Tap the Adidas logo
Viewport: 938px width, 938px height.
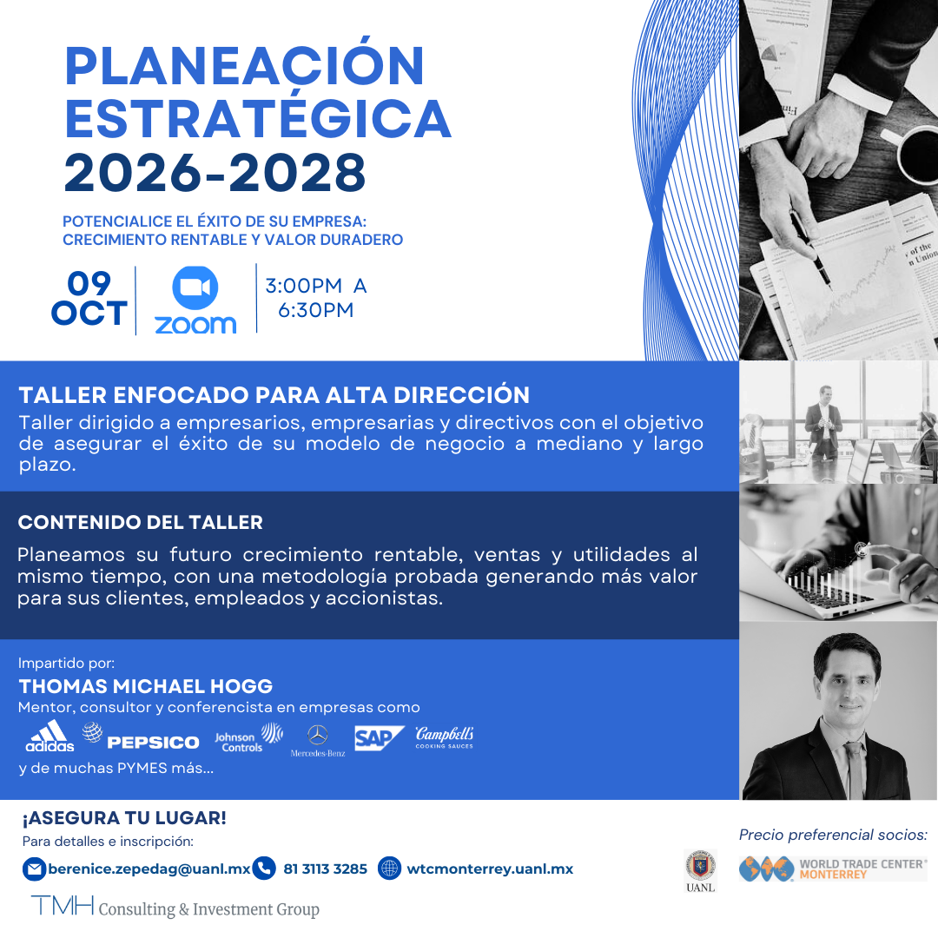pos(50,737)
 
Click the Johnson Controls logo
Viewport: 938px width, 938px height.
pos(248,737)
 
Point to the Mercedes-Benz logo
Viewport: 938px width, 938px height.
pos(318,741)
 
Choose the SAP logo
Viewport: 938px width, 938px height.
pos(379,737)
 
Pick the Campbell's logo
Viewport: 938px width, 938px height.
pos(444,737)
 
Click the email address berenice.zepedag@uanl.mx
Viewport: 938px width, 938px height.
pos(149,869)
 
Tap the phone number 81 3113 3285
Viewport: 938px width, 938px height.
pos(325,869)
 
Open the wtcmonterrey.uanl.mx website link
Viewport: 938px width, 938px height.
pos(490,869)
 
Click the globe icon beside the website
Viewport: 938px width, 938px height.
pos(390,869)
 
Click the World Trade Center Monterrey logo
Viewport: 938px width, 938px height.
pos(833,869)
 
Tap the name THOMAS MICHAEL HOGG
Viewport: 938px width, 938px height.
pos(146,686)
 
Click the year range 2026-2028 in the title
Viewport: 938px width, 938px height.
pos(215,173)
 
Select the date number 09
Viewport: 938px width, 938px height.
pos(89,284)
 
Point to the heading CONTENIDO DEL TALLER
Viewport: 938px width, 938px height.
pos(141,523)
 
